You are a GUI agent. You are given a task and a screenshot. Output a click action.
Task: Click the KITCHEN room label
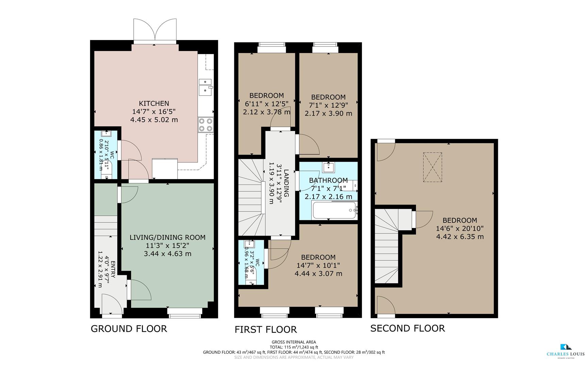pos(154,103)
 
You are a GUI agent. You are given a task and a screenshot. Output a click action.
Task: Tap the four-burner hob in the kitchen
pos(205,124)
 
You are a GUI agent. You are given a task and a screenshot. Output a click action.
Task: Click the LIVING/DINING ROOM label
pos(167,238)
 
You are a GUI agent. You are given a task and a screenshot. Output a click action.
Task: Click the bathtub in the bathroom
pos(334,210)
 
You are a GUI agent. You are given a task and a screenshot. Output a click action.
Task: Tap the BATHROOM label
pos(328,180)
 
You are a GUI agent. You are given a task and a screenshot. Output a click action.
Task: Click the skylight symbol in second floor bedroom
pos(432,167)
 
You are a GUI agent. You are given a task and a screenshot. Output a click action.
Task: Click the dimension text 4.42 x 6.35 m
pos(460,237)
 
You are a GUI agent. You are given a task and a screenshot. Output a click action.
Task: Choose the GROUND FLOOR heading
pos(129,329)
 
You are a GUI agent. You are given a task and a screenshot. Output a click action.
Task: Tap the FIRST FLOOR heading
pos(266,329)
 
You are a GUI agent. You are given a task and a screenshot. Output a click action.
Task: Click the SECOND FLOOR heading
pos(407,328)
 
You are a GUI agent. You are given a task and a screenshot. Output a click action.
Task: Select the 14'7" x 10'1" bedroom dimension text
pos(318,265)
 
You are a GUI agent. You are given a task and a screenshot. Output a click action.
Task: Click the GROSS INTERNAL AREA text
pos(293,342)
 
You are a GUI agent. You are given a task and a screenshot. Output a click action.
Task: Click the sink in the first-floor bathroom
pos(329,167)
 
